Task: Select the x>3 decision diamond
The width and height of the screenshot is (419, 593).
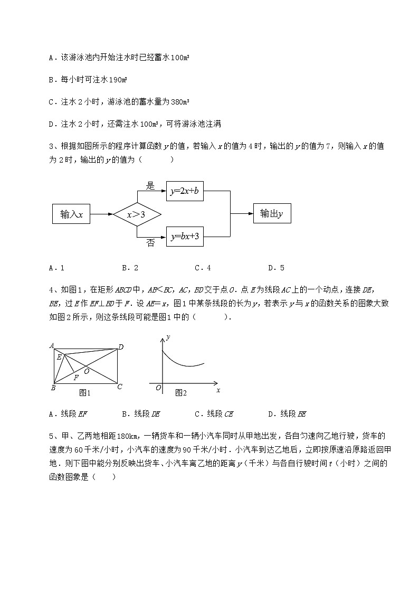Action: coord(136,214)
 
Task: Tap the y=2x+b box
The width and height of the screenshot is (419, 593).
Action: coord(185,192)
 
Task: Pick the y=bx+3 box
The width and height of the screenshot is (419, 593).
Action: coord(185,237)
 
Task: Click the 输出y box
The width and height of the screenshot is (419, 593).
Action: coord(272,213)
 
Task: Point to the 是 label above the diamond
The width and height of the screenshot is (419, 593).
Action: coord(150,185)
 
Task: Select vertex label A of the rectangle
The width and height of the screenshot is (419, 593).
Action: coord(52,346)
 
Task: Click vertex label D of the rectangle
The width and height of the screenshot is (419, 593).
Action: coord(121,347)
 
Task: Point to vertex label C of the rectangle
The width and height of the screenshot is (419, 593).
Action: coord(120,387)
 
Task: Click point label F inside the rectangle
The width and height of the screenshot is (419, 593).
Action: coord(76,377)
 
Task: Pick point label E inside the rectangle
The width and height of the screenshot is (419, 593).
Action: coord(59,357)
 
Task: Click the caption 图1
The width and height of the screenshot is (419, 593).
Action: coord(85,393)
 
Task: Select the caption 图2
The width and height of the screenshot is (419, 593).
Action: coord(181,393)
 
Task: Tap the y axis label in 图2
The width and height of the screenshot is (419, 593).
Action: coord(167,337)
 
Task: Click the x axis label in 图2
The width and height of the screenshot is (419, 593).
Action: coord(218,390)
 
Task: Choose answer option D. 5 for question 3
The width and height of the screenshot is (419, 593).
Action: coord(276,268)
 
